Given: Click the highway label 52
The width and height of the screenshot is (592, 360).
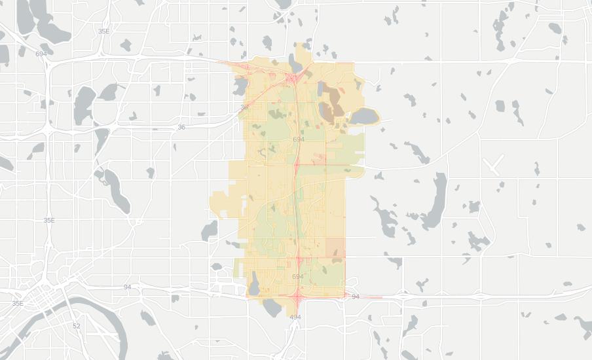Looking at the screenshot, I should (77, 326).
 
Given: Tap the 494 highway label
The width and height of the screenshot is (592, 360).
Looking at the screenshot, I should (295, 317).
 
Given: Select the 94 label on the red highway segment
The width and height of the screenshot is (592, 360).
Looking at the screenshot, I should (356, 297).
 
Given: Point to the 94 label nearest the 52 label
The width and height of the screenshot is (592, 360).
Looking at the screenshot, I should (128, 287).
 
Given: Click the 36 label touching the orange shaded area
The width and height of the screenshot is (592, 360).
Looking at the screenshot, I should (244, 107).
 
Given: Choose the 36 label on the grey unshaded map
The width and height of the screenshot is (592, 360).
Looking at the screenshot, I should (181, 127).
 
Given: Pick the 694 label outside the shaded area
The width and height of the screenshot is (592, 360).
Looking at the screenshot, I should (41, 54).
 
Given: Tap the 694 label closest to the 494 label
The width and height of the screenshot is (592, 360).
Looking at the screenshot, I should (297, 276).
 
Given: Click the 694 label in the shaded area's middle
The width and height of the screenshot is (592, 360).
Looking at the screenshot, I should (299, 139).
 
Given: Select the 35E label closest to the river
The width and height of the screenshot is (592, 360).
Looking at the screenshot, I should (18, 304).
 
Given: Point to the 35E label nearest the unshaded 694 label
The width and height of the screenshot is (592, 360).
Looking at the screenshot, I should (103, 31).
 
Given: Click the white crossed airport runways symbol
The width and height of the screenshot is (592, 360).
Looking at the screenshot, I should (492, 165).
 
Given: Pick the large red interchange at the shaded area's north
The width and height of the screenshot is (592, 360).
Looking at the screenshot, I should (291, 79).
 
